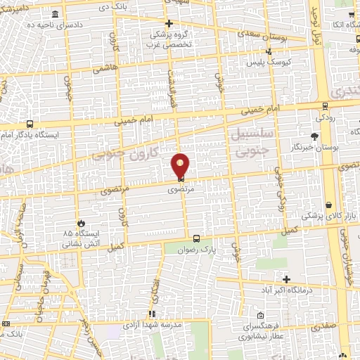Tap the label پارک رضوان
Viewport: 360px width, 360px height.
tap(198, 249)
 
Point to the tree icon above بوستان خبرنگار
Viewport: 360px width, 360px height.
tap(314, 136)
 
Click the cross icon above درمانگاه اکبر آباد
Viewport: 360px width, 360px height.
tap(285, 279)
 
